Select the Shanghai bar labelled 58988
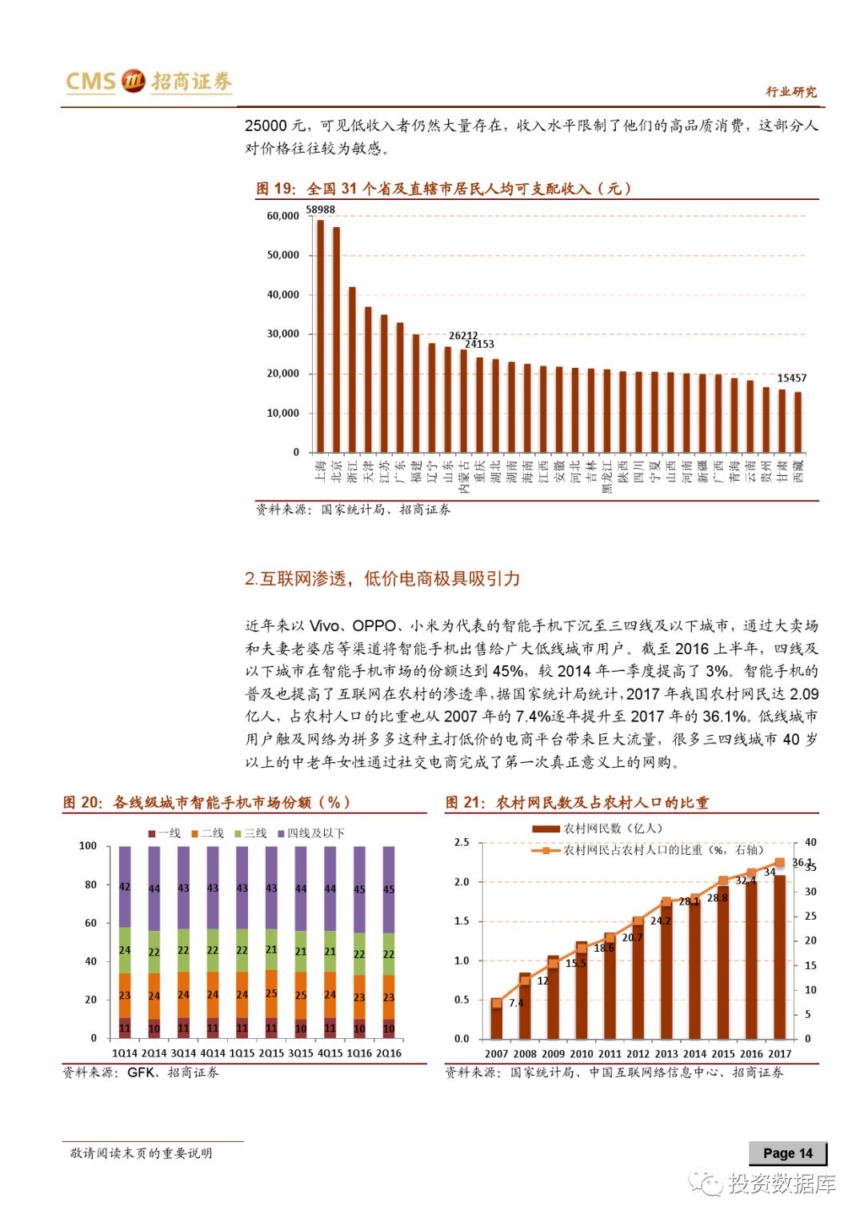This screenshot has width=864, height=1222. point(321,336)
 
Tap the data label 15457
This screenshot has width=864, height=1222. point(792,378)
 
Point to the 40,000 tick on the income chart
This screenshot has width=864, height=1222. point(283,295)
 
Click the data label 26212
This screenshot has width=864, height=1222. point(463,336)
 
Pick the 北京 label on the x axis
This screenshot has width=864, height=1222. point(337,470)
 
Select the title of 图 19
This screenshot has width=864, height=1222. point(443,189)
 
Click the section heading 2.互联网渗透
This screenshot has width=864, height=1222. point(382,578)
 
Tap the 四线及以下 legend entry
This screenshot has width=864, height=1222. point(311,833)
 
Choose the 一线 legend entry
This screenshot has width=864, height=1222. point(165,833)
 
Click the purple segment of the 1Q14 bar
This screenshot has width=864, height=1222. point(125,886)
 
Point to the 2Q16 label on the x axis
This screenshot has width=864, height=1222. point(389,1053)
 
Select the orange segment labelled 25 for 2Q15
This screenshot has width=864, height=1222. point(271,993)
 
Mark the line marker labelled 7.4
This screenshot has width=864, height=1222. point(497,1003)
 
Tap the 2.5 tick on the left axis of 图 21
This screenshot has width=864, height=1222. point(462,843)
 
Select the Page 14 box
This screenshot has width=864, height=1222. point(787,1153)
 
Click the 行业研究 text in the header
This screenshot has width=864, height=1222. point(791,92)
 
